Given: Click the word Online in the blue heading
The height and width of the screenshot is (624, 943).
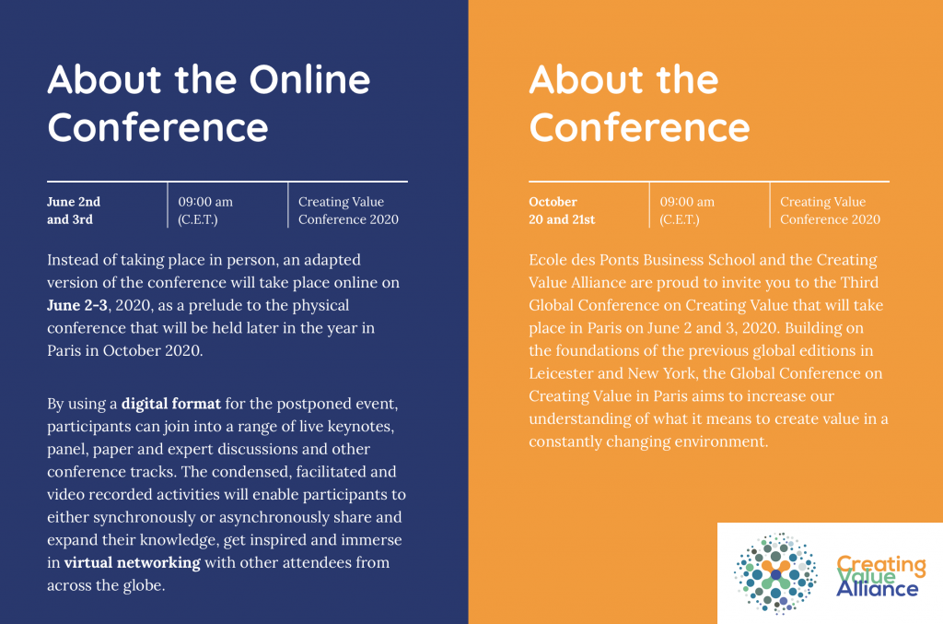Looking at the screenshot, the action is pyautogui.click(x=309, y=80).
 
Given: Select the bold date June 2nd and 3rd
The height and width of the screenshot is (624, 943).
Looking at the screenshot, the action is pyautogui.click(x=74, y=210).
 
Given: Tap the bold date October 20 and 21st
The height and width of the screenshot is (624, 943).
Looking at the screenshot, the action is pyautogui.click(x=562, y=210).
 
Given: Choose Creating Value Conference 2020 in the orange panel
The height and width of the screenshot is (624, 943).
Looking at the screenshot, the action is pyautogui.click(x=830, y=210).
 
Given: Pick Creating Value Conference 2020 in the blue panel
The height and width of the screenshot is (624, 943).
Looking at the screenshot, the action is pyautogui.click(x=348, y=210).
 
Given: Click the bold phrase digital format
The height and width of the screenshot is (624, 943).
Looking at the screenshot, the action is pyautogui.click(x=170, y=403).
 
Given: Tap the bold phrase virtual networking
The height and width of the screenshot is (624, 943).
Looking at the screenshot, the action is pyautogui.click(x=133, y=562).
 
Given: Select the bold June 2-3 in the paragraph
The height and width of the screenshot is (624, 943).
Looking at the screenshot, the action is pyautogui.click(x=77, y=305).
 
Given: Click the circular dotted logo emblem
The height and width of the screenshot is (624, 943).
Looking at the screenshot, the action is pyautogui.click(x=775, y=573).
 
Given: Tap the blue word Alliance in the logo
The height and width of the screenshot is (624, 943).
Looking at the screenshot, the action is pyautogui.click(x=877, y=589).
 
